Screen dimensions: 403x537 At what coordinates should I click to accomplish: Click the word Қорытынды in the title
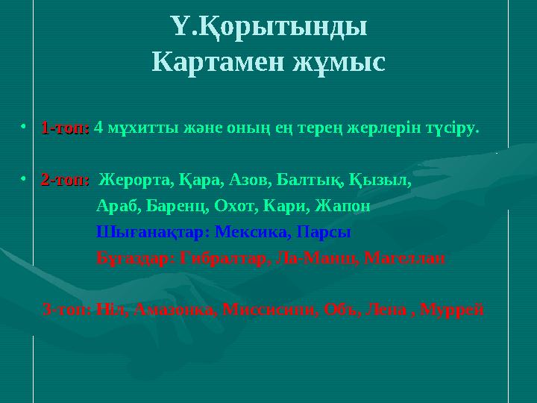(279, 29)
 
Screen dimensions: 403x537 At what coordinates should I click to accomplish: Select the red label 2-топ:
(65, 180)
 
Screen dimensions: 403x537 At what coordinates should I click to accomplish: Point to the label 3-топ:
(68, 309)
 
